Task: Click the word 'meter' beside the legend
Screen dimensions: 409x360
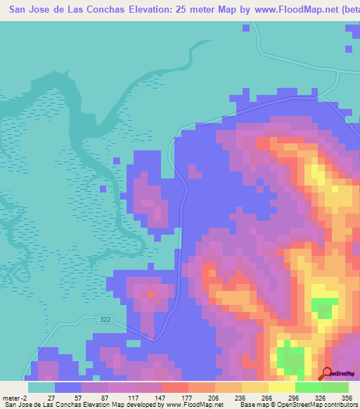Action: pyautogui.click(x=9, y=397)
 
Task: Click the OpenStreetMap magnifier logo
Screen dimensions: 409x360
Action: pyautogui.click(x=327, y=373)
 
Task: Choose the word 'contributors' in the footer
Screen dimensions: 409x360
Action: pyautogui.click(x=339, y=405)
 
